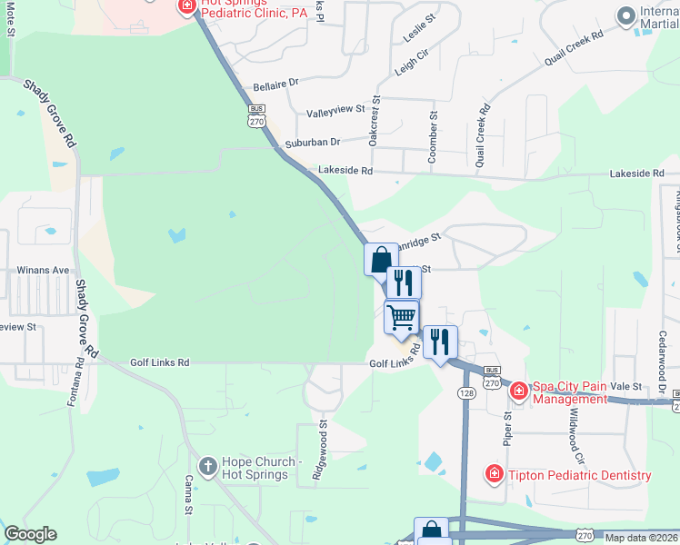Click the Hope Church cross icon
[207, 466]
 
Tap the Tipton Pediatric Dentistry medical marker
[494, 474]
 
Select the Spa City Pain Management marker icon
[518, 391]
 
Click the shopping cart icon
[401, 317]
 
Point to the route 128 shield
[465, 391]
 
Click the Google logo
[30, 534]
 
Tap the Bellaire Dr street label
[275, 84]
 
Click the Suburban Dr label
[312, 142]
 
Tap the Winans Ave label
[44, 270]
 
